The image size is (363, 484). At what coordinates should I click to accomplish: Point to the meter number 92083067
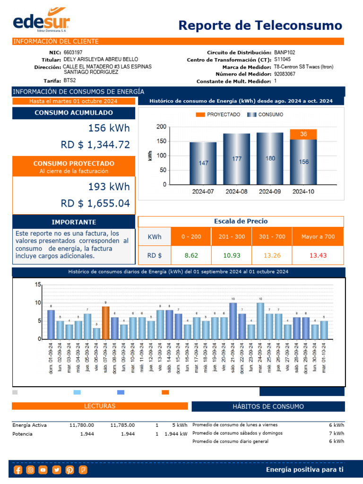click(285, 74)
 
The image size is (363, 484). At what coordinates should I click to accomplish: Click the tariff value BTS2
click(70, 81)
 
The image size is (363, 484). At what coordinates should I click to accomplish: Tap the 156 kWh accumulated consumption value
click(109, 128)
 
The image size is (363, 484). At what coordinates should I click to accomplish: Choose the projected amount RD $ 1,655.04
click(95, 203)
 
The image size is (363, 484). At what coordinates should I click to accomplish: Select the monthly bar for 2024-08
click(237, 159)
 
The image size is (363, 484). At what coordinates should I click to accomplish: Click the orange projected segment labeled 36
click(303, 134)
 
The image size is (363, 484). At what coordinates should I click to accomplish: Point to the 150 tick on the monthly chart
click(162, 141)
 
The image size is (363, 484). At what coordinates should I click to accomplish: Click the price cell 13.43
click(318, 255)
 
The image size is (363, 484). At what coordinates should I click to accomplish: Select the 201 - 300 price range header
click(232, 236)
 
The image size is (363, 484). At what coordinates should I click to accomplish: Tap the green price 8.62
click(191, 255)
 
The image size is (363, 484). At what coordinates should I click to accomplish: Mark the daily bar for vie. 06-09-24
click(96, 333)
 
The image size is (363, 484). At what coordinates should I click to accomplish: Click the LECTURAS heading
click(99, 406)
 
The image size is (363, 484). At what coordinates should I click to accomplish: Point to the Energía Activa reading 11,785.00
click(122, 425)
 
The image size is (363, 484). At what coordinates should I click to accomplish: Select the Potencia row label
click(22, 433)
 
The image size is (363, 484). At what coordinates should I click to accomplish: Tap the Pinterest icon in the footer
click(69, 470)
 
